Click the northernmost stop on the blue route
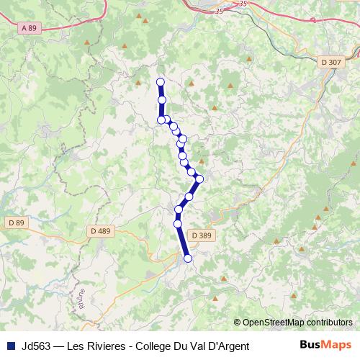pos(161,82)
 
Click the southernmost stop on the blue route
pos(188,258)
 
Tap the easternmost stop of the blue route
pos(199,179)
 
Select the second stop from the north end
pos(162,100)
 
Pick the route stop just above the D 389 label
pos(177,224)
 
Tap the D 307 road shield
pos(332,63)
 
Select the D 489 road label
pos(101,230)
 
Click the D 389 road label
pos(202,235)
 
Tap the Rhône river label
pos(81,299)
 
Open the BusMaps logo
pos(325,345)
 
